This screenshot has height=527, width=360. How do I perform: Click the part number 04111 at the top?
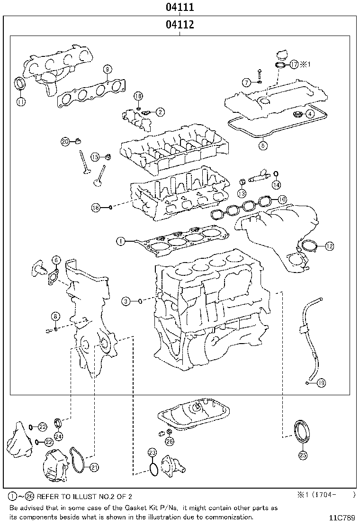[x=180, y=8]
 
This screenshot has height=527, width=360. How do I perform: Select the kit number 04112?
[x=180, y=25]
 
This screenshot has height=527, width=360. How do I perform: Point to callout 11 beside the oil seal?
[x=21, y=101]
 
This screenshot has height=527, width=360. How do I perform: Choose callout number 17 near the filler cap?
[x=294, y=64]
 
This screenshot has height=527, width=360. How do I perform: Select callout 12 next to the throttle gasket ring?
[x=329, y=245]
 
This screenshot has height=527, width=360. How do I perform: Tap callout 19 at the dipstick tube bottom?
[x=322, y=382]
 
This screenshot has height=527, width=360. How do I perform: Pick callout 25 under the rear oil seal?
[x=303, y=455]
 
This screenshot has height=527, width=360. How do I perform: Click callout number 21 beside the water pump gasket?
[x=94, y=467]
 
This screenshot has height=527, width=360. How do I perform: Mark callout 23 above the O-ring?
[x=152, y=452]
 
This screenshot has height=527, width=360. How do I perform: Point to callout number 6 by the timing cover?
[x=56, y=259]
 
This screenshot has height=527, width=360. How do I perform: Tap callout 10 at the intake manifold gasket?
[x=282, y=200]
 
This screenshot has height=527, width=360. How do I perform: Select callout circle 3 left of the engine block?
[x=126, y=301]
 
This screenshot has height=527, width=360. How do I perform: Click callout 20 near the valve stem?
[x=65, y=141]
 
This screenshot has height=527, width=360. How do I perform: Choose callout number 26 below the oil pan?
[x=170, y=441]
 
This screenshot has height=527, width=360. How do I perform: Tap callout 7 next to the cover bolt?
[x=246, y=82]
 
